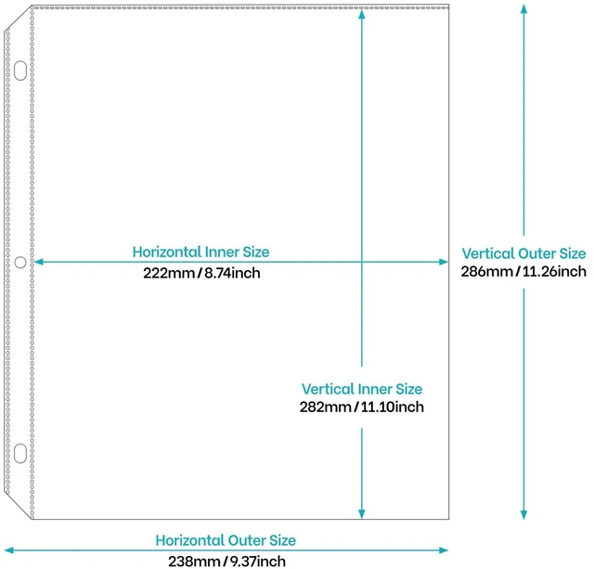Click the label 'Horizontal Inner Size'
click(200, 252)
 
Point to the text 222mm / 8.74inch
click(201, 273)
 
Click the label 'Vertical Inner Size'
click(362, 389)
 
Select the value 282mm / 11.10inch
click(362, 407)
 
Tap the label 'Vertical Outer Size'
click(523, 253)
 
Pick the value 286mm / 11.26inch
click(523, 272)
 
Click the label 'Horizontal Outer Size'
click(226, 540)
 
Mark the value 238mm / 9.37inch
click(226, 562)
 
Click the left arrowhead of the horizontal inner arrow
click(38, 262)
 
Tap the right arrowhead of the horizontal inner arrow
click(444, 262)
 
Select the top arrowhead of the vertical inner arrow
click(362, 15)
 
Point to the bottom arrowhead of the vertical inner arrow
click(362, 513)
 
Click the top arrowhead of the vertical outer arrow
click(523, 8)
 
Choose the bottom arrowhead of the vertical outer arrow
click(523, 514)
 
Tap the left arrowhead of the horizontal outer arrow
click(8, 550)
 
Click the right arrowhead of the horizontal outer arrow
click(444, 550)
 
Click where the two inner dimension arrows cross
click(362, 262)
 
